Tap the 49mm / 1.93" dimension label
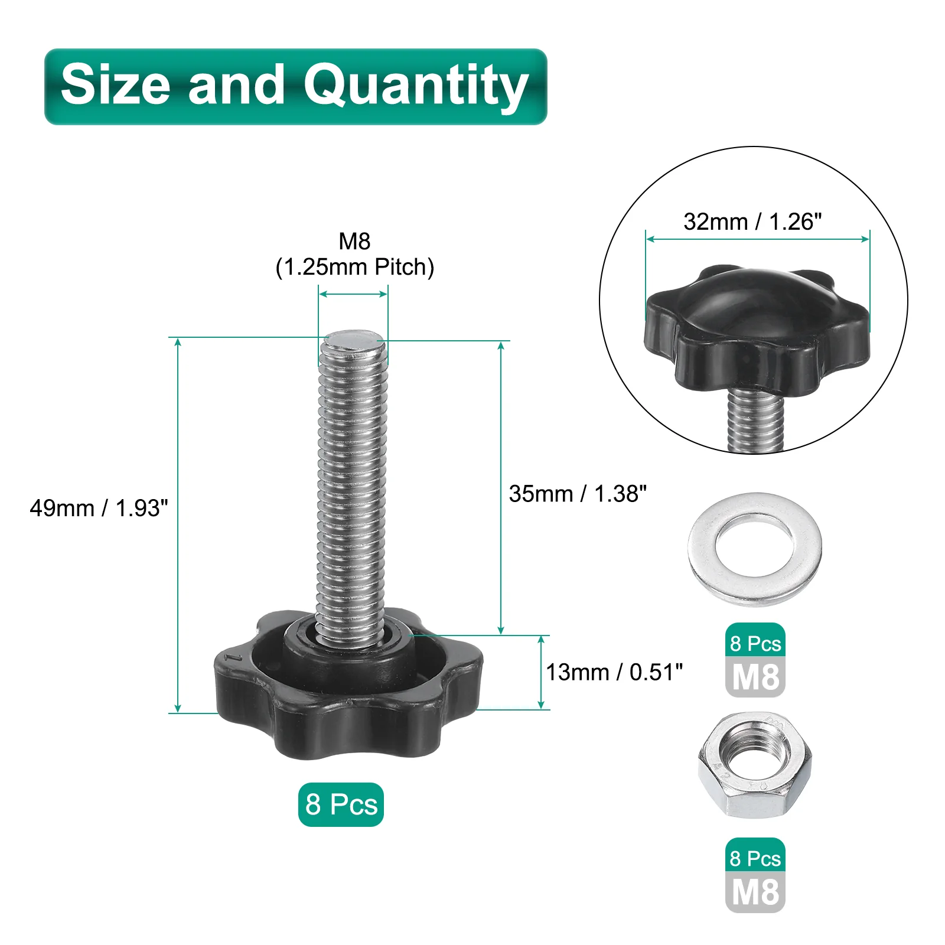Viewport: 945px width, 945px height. pyautogui.click(x=99, y=508)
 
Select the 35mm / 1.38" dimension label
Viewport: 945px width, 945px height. pyautogui.click(x=578, y=494)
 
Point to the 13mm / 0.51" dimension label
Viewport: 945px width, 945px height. pyautogui.click(x=614, y=672)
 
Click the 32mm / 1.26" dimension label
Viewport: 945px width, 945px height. pyautogui.click(x=752, y=221)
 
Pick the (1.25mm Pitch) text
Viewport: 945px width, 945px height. pyautogui.click(x=354, y=267)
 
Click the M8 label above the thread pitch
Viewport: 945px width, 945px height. pyautogui.click(x=354, y=241)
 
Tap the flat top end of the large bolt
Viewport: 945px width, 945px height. pyautogui.click(x=353, y=341)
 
